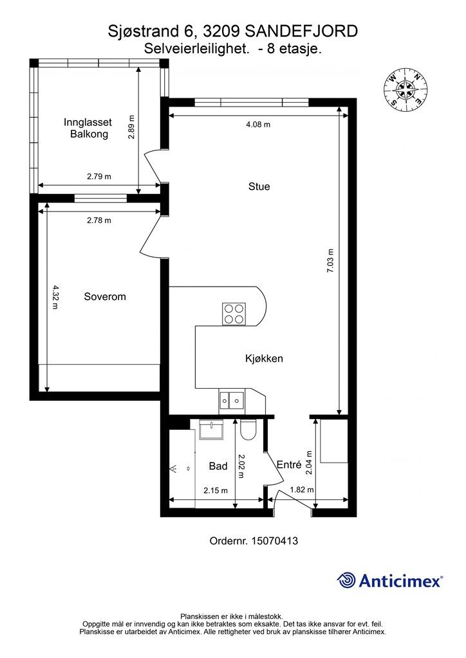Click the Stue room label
259,186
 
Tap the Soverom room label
105,297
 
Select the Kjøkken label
264,359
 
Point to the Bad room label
218,466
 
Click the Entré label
289,465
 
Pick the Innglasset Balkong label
88,128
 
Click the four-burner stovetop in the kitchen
234,314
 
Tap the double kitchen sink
230,399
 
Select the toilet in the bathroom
248,429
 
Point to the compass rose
405,90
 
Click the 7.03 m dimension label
330,261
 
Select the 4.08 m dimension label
258,124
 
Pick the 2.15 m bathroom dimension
216,490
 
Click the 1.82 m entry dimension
302,490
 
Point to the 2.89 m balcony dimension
131,127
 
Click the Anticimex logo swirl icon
346,581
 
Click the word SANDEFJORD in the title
301,31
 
